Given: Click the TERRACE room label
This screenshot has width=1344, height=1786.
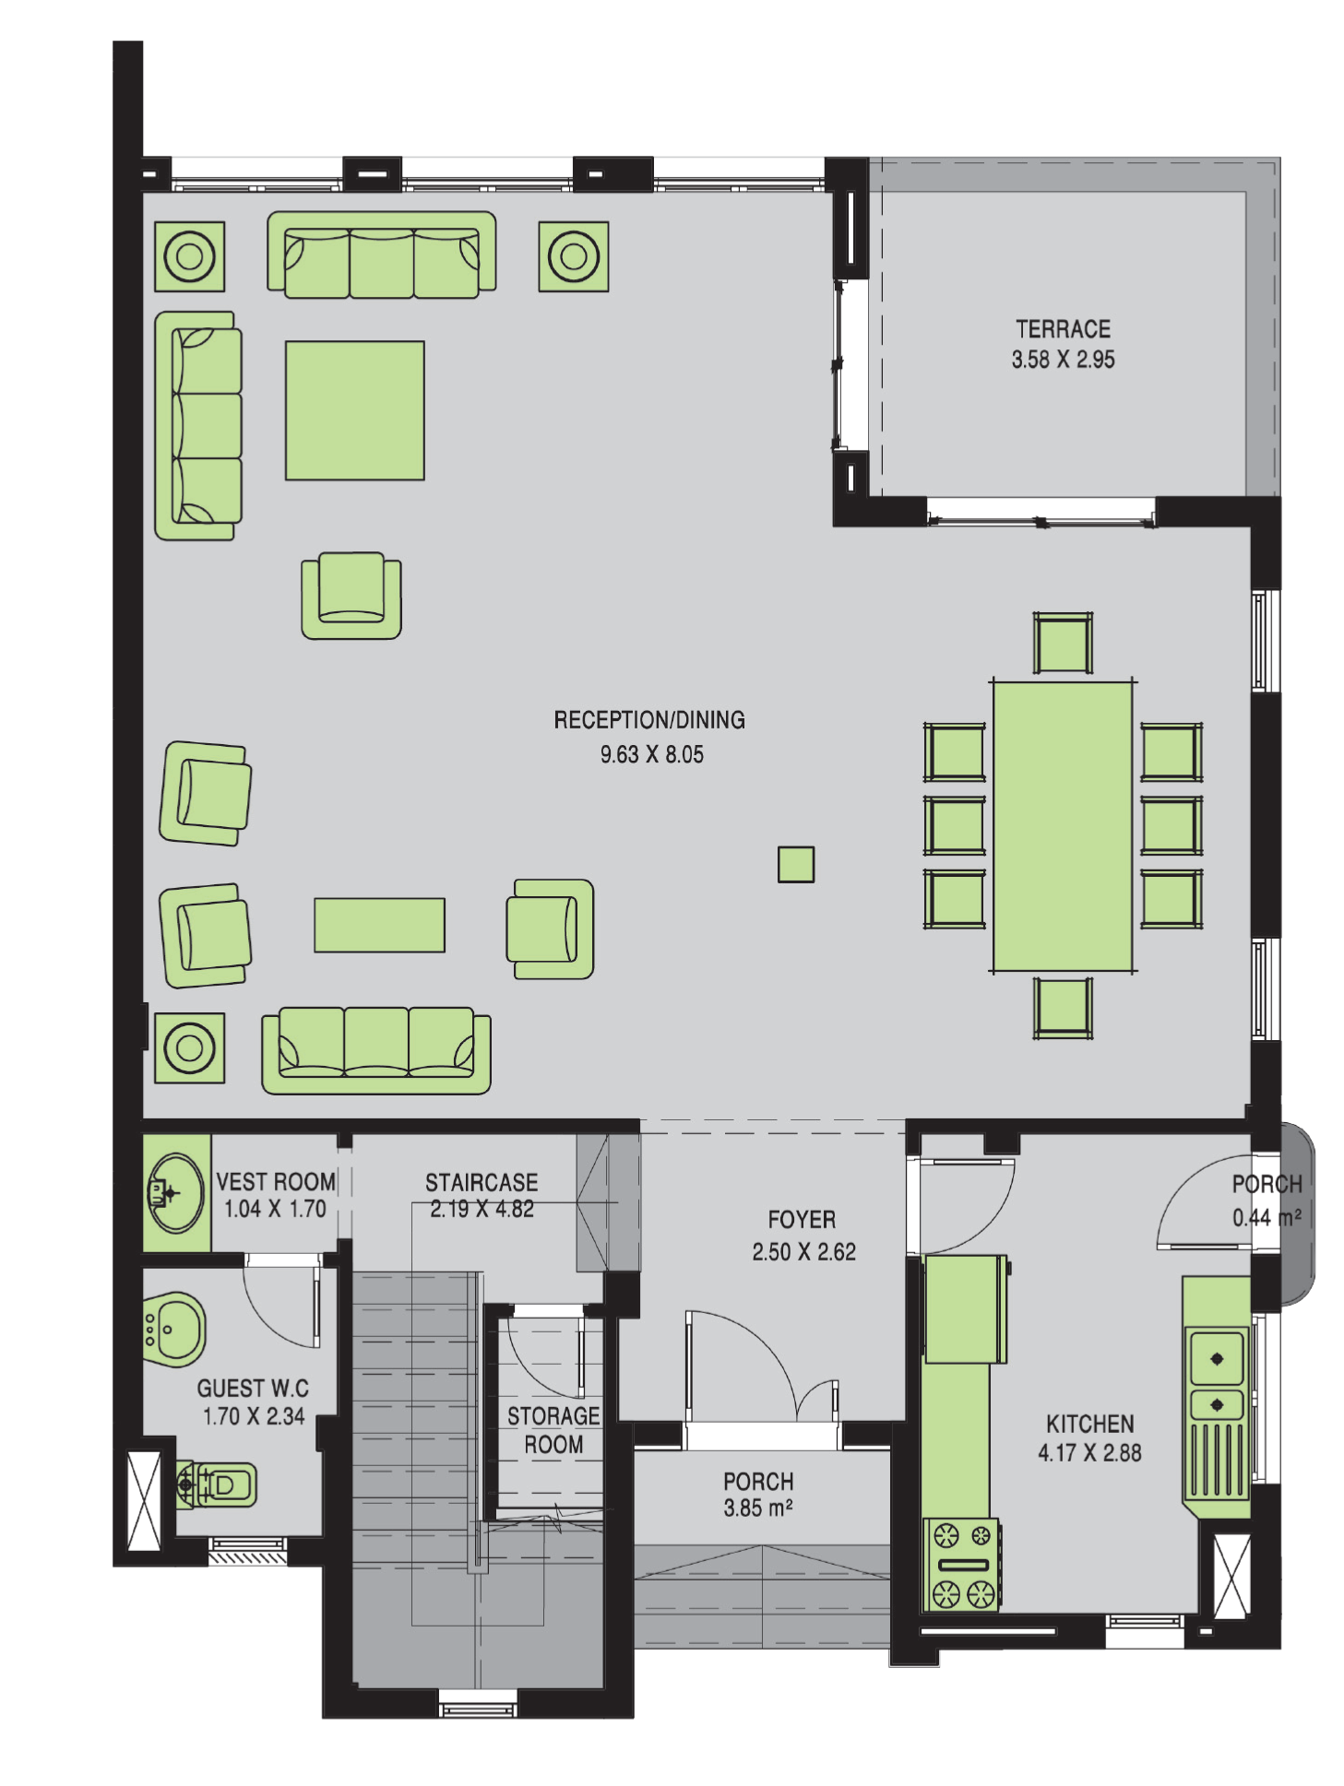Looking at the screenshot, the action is (1063, 329).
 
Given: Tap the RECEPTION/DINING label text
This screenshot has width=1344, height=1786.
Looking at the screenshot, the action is (649, 720).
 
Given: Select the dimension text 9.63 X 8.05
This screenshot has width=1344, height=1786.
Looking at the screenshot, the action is (651, 754).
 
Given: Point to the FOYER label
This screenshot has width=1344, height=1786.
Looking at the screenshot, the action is (802, 1220).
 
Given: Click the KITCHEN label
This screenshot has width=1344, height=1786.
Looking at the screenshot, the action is (1089, 1424).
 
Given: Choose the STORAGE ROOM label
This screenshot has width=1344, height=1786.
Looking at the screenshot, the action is (553, 1430).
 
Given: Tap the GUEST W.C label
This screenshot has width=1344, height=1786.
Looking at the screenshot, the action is (253, 1389).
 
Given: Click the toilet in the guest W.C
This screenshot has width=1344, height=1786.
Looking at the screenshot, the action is (216, 1485).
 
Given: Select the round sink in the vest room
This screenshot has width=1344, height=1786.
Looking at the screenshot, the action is (175, 1193).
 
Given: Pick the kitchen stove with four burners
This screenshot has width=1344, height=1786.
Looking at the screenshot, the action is (962, 1566).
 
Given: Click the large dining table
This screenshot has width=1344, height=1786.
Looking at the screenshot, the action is (1063, 826).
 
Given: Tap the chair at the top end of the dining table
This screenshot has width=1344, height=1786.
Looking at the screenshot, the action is (1063, 644).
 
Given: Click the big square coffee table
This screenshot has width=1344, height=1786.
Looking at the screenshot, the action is (355, 410).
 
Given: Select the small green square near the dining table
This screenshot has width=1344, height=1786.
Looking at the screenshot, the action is (796, 865).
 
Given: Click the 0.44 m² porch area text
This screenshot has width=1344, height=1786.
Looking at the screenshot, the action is (1267, 1217).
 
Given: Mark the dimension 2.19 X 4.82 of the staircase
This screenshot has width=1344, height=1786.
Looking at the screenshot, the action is (482, 1209).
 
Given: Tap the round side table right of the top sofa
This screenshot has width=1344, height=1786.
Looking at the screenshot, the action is (574, 256).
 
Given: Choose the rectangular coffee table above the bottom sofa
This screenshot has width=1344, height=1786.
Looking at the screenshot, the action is (380, 925).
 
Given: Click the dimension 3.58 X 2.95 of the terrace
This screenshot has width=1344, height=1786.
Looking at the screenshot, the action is (1063, 360).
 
